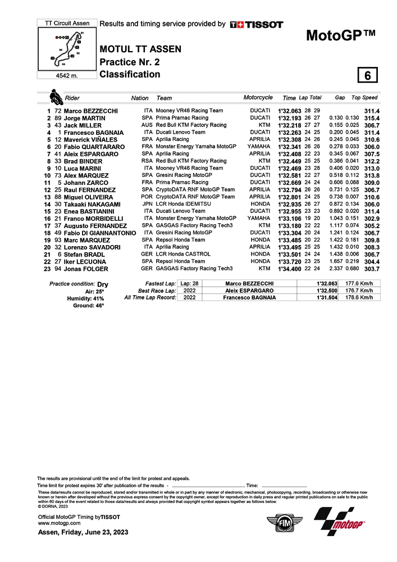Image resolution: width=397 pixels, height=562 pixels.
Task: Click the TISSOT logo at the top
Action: click(x=257, y=25)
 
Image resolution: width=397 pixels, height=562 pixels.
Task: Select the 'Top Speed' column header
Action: click(x=364, y=98)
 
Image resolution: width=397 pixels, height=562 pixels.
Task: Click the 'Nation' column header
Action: click(x=140, y=98)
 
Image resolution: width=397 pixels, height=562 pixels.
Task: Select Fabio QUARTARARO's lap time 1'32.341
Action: click(x=290, y=147)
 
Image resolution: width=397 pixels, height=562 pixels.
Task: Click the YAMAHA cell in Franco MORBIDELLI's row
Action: click(x=258, y=218)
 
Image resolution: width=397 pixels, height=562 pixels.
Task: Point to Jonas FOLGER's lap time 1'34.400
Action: click(x=290, y=269)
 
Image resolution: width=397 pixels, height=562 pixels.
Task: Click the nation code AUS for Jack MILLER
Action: click(x=147, y=125)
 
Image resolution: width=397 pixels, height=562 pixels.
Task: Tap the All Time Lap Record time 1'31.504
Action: click(x=327, y=297)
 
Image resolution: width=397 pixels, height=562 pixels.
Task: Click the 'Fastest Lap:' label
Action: click(x=161, y=284)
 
